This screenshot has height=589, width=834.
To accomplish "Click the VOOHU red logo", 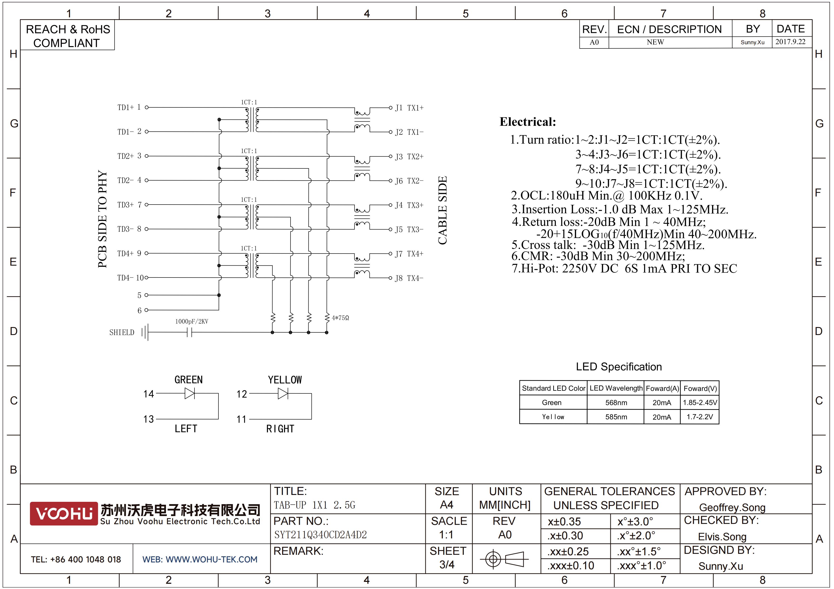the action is tap(63, 513).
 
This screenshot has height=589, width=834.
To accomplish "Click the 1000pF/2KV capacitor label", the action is tap(192, 321).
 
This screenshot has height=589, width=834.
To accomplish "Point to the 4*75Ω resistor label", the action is tap(340, 318).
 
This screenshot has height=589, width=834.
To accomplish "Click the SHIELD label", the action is tap(122, 332).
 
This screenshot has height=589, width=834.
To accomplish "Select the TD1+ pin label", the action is tap(125, 107).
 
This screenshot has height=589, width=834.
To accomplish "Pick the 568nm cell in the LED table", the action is tap(616, 402).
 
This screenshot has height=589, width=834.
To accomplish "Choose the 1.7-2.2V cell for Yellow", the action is tap(700, 417).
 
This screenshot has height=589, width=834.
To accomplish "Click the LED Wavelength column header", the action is tap(616, 388).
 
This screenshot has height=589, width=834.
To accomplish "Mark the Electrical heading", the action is tap(528, 122).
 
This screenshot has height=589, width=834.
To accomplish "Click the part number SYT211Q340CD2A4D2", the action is tap(320, 535).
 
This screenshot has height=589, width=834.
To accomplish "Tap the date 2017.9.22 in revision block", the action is tap(790, 42).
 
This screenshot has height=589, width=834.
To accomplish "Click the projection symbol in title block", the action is tap(504, 559).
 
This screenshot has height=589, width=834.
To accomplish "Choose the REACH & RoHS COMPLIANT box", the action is tap(68, 35).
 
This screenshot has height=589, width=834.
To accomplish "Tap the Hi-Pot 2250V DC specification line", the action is tap(624, 268).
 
